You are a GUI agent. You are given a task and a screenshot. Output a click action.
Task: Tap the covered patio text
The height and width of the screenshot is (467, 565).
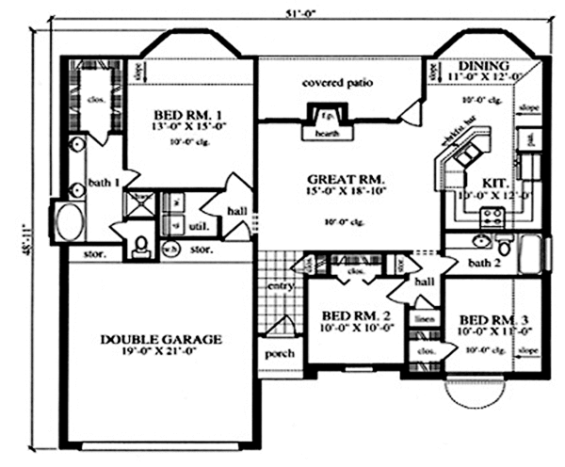[337, 83]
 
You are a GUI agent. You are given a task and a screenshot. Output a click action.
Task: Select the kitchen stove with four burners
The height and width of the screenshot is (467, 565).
[491, 219]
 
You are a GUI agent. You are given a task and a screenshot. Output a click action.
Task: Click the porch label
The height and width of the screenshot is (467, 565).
[281, 353]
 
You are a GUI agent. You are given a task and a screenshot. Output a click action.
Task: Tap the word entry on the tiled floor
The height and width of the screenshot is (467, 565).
[280, 285]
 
